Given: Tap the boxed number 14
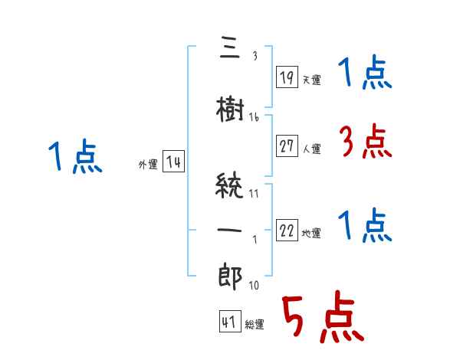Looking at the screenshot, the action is [173, 162].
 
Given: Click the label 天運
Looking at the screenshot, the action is [312, 80].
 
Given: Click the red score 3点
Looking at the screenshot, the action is [365, 142].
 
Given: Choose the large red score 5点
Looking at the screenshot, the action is [321, 317].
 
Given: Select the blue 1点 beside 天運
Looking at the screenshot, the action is [365, 74].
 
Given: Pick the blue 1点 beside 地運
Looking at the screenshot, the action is [365, 225].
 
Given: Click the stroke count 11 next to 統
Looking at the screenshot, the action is [254, 192].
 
